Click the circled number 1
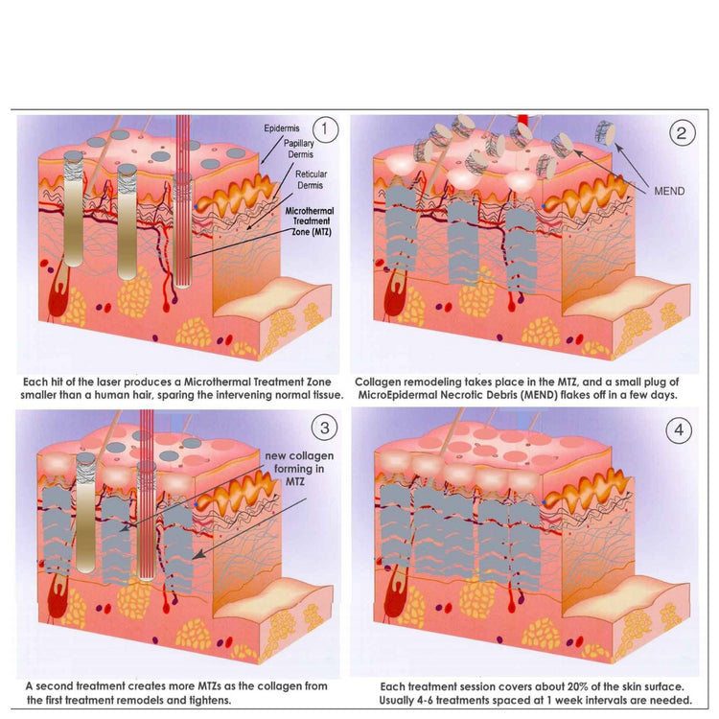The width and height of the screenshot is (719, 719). (x=325, y=129)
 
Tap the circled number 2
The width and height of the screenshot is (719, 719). (x=682, y=133)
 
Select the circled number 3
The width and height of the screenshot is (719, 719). (x=325, y=428)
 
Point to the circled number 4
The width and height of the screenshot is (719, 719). (x=679, y=429)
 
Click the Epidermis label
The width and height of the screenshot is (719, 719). (x=282, y=128)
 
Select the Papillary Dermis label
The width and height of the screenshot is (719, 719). (x=300, y=149)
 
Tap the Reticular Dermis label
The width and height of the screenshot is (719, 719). (x=311, y=180)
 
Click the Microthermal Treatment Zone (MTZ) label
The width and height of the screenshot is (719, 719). (x=310, y=221)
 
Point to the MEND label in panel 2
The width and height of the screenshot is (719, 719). (x=669, y=191)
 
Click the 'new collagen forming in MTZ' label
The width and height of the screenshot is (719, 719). (x=299, y=469)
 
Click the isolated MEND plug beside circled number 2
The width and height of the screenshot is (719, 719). (x=605, y=132)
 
